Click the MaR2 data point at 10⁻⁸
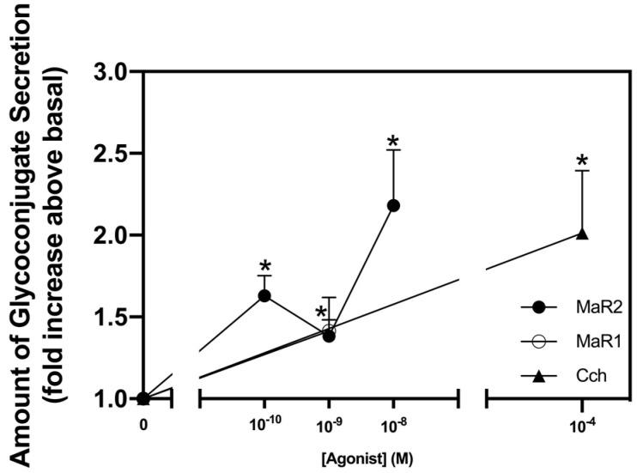point(394,205)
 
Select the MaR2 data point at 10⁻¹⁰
point(264,295)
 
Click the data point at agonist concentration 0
point(143,398)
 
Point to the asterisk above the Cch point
point(582,161)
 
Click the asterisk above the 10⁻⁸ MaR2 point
point(394,142)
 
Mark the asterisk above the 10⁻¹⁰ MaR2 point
point(264,264)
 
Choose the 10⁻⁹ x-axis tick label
point(329,424)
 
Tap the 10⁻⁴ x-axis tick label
point(582,424)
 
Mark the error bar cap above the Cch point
point(582,171)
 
